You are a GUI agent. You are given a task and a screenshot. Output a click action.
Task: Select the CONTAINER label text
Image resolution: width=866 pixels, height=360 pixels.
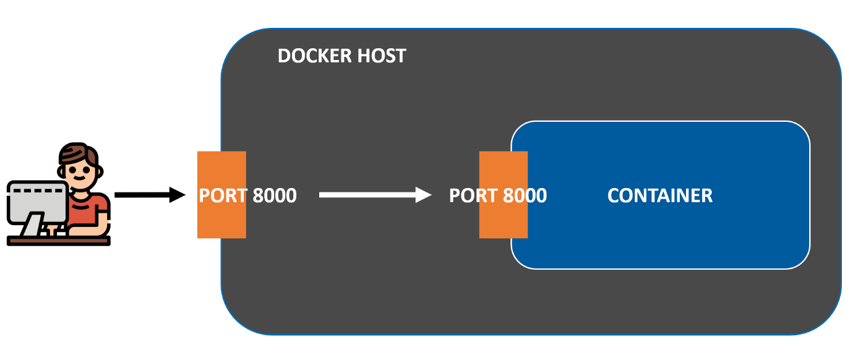click(x=659, y=195)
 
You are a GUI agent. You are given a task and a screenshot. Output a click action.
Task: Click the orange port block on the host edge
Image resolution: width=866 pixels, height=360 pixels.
click(x=221, y=167)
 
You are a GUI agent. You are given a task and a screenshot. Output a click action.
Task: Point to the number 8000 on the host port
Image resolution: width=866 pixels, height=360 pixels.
click(x=274, y=195)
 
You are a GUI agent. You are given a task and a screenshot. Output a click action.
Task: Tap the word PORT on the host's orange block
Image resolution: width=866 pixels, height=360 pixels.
click(x=223, y=195)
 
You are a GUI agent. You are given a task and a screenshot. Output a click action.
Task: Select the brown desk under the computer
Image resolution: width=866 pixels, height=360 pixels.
click(x=59, y=240)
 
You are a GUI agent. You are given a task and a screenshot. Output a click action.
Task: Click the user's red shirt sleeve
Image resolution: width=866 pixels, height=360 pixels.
click(x=102, y=207)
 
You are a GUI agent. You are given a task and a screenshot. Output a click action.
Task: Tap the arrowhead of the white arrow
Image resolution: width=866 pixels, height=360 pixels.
click(x=424, y=195)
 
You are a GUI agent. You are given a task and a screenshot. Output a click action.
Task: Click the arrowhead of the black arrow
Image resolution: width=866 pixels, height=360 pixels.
click(x=178, y=195)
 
